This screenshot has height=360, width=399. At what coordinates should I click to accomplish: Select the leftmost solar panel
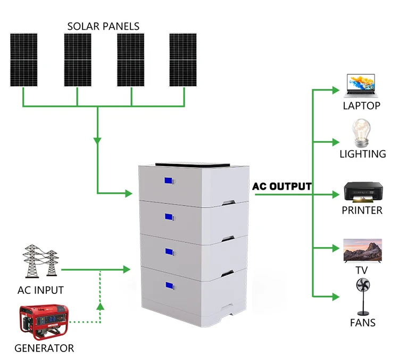tap(23, 60)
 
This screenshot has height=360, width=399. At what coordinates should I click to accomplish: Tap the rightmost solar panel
tap(183, 60)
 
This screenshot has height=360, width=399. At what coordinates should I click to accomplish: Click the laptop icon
tap(362, 85)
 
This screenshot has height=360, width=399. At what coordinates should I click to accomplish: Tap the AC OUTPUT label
tap(282, 186)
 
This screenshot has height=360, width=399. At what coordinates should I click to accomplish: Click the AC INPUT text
tap(40, 290)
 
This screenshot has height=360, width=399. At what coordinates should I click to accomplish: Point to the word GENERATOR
tap(44, 348)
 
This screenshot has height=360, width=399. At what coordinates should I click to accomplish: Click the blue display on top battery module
tap(169, 182)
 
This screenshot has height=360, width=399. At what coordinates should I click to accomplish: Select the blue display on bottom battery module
tap(169, 286)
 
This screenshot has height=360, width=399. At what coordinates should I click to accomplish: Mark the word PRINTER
tap(362, 210)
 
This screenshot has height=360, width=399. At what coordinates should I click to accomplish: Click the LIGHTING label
tap(362, 154)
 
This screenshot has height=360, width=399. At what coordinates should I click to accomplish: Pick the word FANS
tap(362, 322)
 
